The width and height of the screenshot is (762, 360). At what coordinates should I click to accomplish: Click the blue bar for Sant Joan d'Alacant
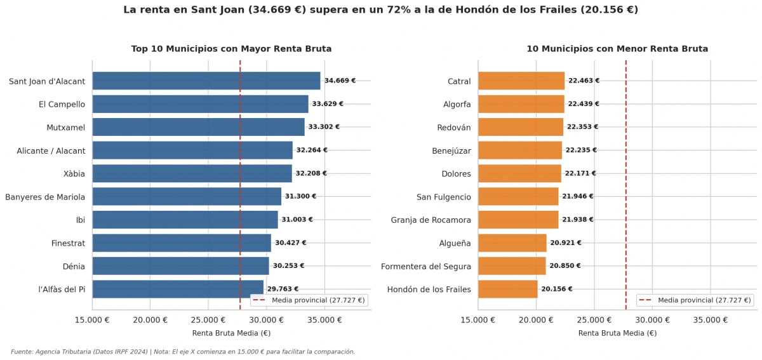pyautogui.click(x=206, y=81)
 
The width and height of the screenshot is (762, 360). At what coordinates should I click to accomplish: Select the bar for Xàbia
pyautogui.click(x=192, y=173)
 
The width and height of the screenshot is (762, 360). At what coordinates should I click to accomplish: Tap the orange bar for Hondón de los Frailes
pyautogui.click(x=508, y=290)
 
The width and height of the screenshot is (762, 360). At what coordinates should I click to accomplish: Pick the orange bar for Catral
pyautogui.click(x=521, y=81)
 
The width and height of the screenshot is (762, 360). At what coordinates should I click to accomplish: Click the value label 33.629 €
pyautogui.click(x=328, y=103)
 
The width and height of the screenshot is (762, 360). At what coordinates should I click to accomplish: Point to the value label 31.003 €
pyautogui.click(x=297, y=220)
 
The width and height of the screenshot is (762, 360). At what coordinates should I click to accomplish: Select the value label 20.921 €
pyautogui.click(x=566, y=243)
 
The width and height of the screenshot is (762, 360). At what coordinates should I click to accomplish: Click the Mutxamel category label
pyautogui.click(x=65, y=128)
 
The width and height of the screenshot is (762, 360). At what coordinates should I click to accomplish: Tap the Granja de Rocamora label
pyautogui.click(x=431, y=220)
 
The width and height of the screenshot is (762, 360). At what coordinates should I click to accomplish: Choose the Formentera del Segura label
pyautogui.click(x=426, y=267)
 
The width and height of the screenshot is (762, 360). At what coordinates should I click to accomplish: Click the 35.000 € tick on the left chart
pyautogui.click(x=324, y=320)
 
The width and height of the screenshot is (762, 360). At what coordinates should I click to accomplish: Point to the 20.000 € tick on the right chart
pyautogui.click(x=536, y=320)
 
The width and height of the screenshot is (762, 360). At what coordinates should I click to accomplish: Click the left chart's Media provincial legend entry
pyautogui.click(x=309, y=300)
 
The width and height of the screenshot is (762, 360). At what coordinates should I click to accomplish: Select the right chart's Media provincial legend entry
pyautogui.click(x=695, y=300)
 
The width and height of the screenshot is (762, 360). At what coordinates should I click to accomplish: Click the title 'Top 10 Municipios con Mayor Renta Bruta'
pyautogui.click(x=231, y=49)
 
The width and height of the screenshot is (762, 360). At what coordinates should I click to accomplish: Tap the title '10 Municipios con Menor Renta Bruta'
pyautogui.click(x=617, y=49)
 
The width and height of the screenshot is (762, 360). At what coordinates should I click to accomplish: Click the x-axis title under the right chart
pyautogui.click(x=617, y=333)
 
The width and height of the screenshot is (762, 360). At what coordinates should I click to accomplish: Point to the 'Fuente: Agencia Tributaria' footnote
pyautogui.click(x=183, y=352)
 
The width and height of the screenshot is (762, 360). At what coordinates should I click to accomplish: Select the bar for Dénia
pyautogui.click(x=180, y=266)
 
